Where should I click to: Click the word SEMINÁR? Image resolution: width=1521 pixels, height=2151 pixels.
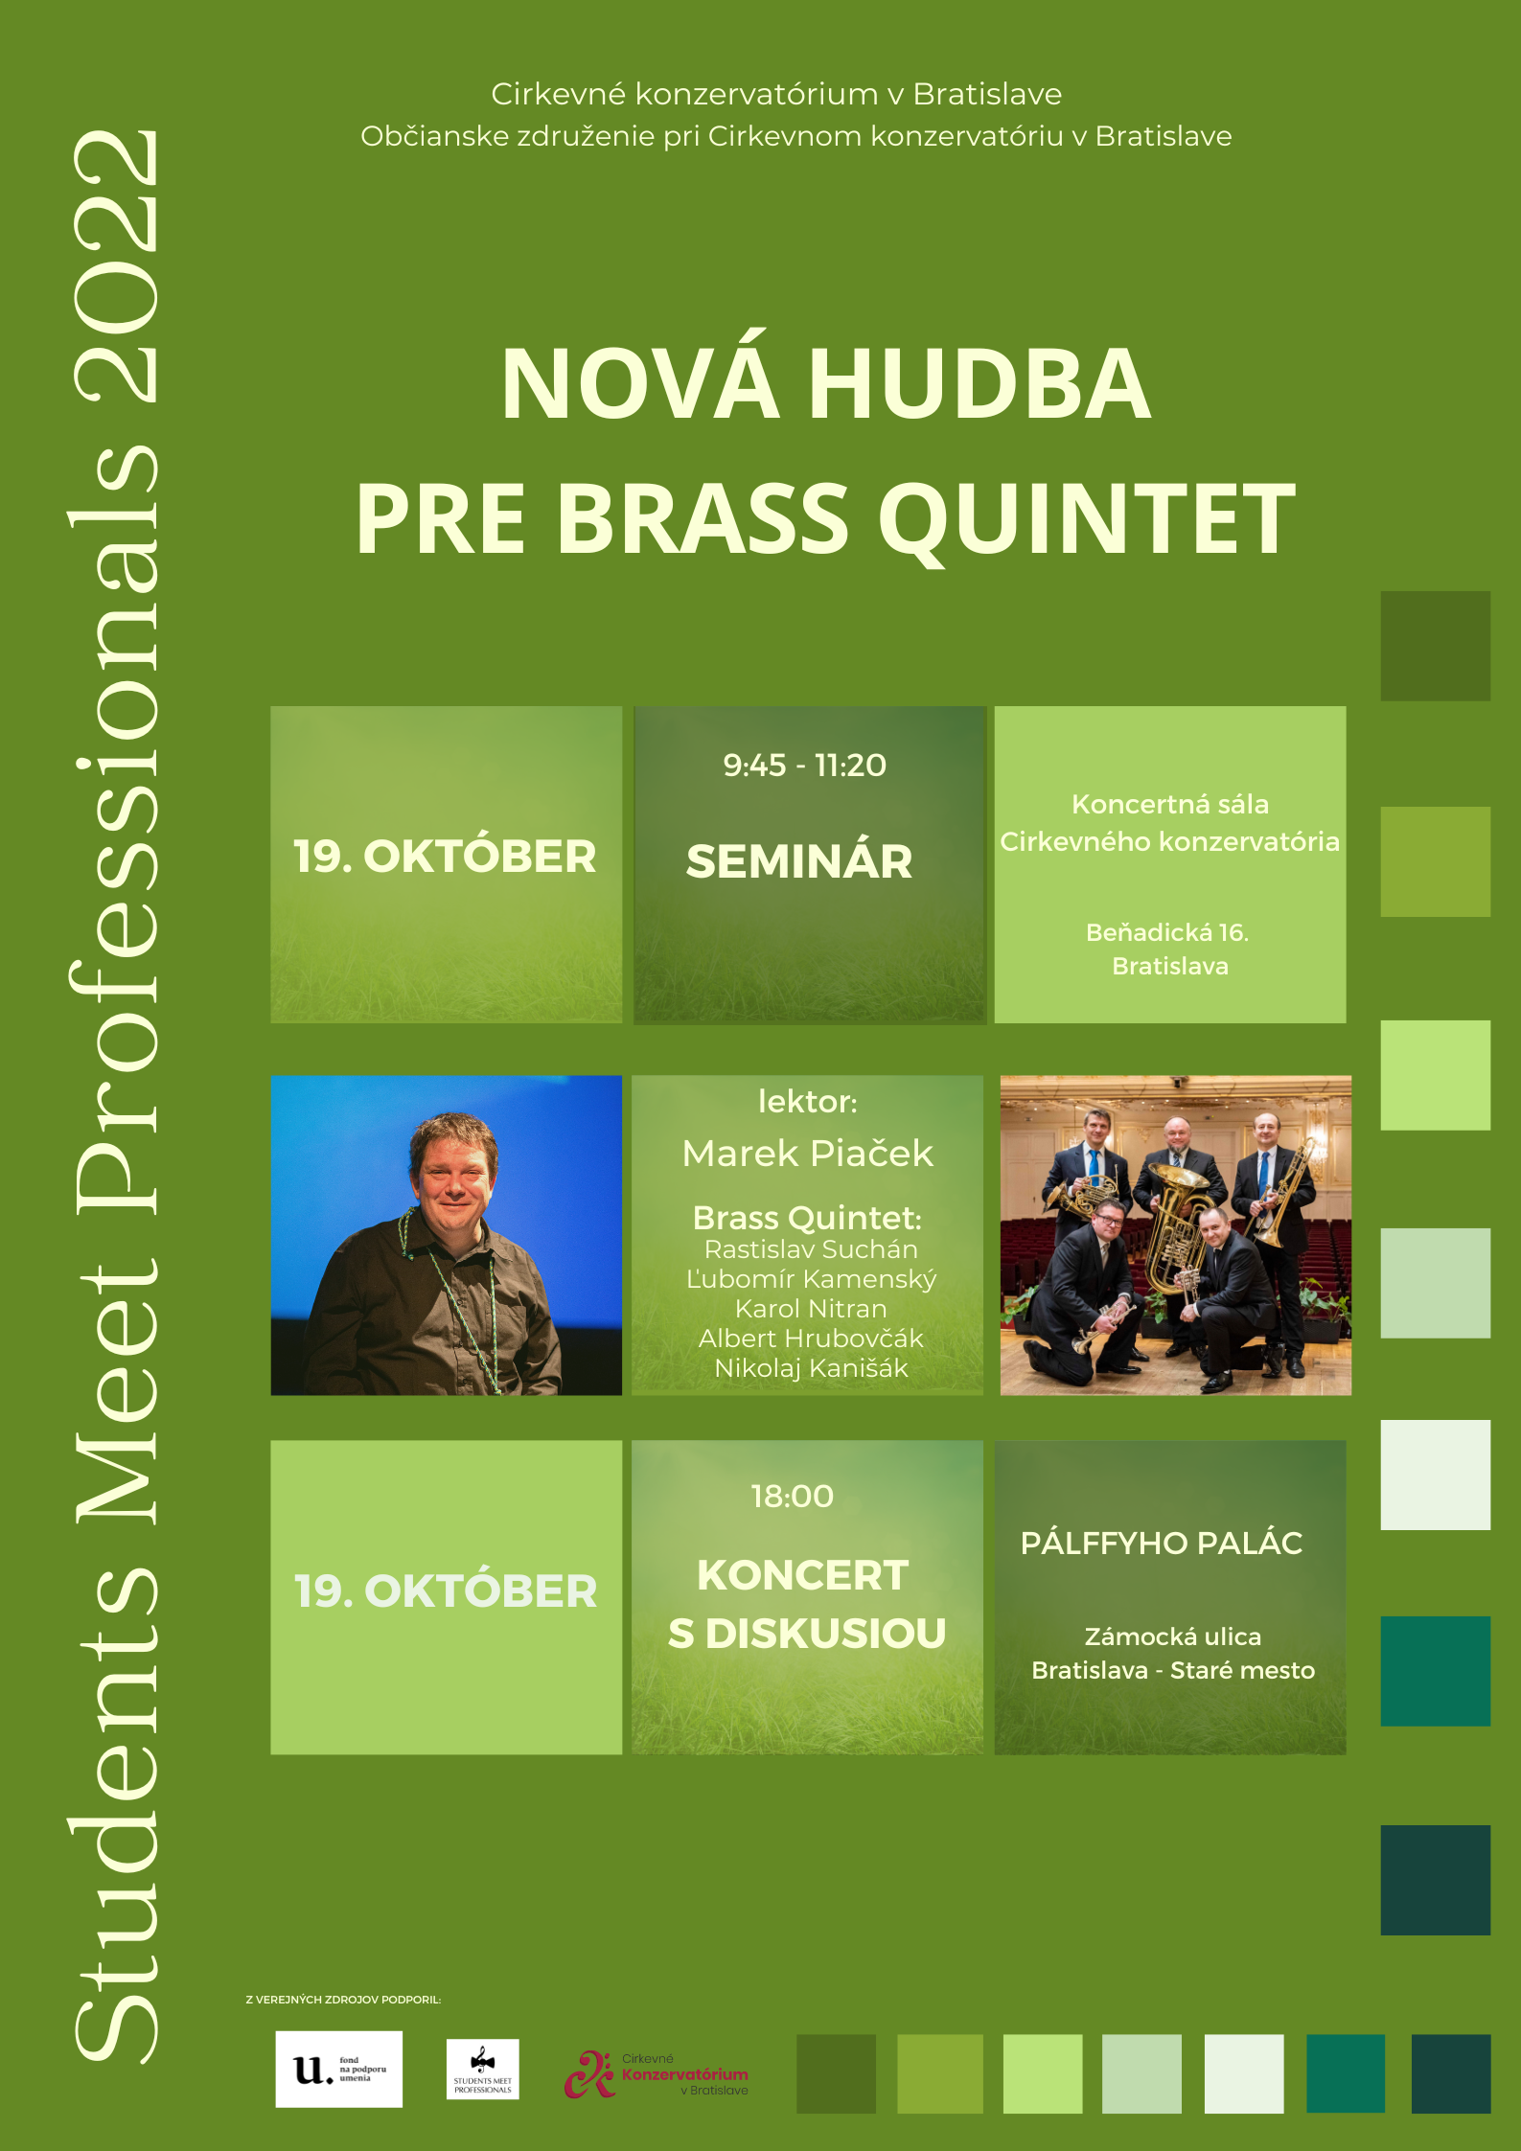(x=799, y=861)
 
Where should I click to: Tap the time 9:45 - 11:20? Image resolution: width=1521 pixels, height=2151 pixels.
(x=804, y=766)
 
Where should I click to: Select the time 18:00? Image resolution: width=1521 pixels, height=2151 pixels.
(x=792, y=1497)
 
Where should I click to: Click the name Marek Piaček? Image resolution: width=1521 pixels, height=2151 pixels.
(x=807, y=1154)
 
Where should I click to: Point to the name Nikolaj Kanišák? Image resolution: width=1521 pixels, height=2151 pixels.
(x=811, y=1368)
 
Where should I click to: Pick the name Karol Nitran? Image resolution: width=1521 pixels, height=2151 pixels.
(x=811, y=1309)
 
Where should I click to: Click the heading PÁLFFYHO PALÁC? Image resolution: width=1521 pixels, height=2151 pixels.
(x=1162, y=1544)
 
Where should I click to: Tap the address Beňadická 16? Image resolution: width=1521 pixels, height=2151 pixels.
(x=1166, y=932)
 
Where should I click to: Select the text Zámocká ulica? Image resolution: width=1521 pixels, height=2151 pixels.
(x=1172, y=1636)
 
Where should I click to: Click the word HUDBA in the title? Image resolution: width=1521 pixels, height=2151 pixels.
(x=979, y=384)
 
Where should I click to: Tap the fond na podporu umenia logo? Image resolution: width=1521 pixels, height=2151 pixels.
(x=338, y=2069)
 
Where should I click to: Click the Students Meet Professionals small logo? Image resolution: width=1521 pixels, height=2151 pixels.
(x=482, y=2069)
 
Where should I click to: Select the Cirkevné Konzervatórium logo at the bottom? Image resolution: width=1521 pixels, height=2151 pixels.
(x=657, y=2073)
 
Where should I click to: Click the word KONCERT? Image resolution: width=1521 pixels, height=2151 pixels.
(x=802, y=1576)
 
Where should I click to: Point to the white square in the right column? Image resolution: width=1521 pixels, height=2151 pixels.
(x=1435, y=1475)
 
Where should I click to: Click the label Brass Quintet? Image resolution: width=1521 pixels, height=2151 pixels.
(x=807, y=1218)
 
